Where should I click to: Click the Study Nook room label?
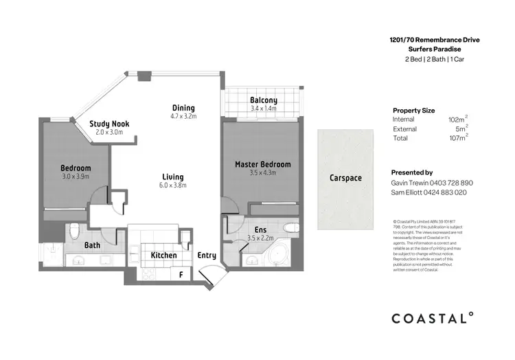tap(109, 124)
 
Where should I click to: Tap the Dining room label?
tap(183, 108)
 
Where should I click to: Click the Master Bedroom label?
tap(262, 164)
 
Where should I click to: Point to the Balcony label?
tap(264, 100)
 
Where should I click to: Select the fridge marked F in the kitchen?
tap(181, 275)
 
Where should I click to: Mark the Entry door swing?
tap(208, 275)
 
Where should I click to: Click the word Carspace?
tap(345, 178)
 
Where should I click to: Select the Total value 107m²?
tap(457, 138)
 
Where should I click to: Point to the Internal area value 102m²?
tap(457, 120)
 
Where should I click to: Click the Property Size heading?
tap(413, 110)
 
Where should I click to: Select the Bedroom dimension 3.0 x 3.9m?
tap(76, 177)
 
